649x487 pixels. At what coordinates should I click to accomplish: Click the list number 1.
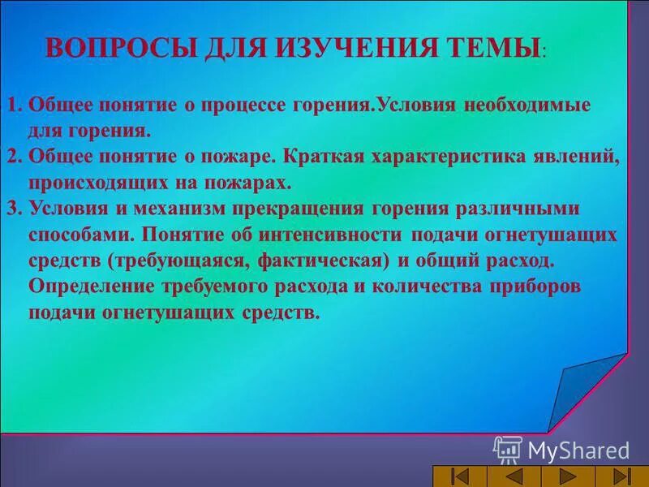tap(14, 106)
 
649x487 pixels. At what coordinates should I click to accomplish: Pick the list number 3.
tap(14, 208)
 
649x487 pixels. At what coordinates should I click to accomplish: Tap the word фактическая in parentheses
tap(327, 261)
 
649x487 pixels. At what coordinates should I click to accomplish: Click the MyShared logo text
tap(578, 450)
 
